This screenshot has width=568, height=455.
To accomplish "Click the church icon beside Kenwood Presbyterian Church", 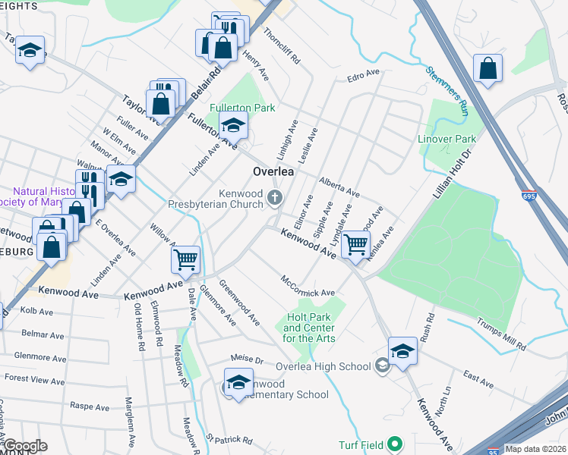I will coord(275,199).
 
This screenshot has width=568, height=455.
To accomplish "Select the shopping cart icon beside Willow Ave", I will coord(186,260).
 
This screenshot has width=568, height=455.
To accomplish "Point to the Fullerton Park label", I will coord(242,108).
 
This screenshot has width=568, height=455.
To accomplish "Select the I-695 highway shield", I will coord(529,196).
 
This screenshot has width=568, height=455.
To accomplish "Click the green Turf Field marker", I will coord(394,444).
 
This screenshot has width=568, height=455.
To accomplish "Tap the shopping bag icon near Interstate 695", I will coord(488,67).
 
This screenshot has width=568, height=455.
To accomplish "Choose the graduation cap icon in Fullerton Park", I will coord(234,124).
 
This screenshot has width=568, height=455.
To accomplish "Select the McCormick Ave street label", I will coord(308,287).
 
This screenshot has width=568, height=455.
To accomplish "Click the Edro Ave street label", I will coord(362,74).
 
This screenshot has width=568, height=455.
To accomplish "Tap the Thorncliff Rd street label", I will coord(282,46).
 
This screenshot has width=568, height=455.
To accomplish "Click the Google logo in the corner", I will coord(24,446).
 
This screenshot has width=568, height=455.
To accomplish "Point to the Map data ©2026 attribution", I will coord(536,449).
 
